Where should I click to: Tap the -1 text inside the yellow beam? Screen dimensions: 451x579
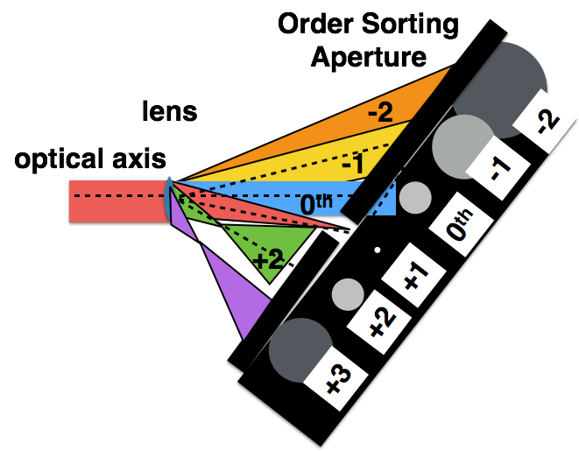(x=352, y=164)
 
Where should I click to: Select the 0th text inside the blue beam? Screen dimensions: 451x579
(x=316, y=204)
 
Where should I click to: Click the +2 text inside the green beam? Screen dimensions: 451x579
(x=268, y=260)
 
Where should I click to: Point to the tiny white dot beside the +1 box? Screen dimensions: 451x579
(x=378, y=250)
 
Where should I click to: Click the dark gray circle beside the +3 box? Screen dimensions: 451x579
(x=300, y=349)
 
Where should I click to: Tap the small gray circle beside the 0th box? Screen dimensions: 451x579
(x=415, y=197)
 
